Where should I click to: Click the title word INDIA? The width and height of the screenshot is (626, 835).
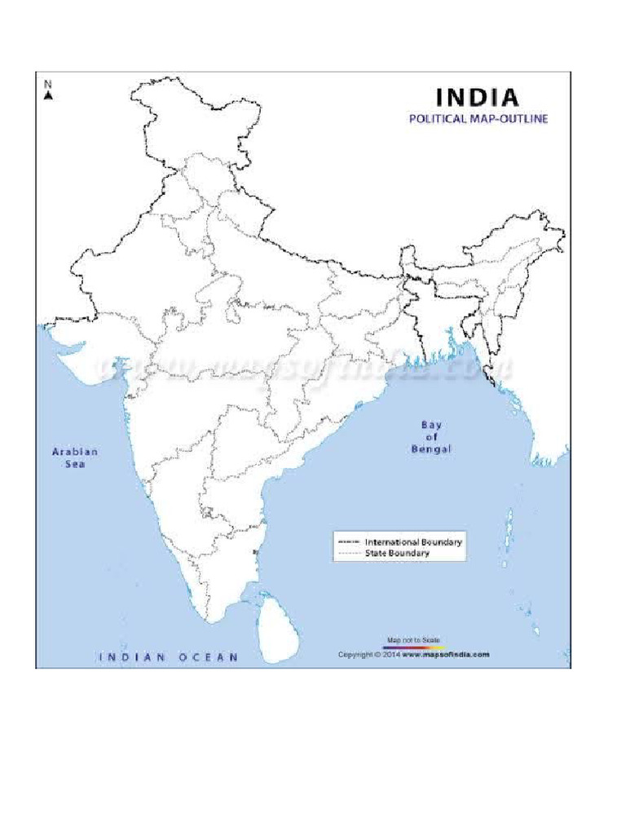478,98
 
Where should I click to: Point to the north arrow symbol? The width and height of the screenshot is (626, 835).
48,95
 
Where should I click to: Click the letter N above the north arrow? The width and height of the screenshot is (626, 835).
48,84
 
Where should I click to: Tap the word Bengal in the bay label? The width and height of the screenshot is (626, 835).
432,449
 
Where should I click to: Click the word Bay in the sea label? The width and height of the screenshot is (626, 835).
431,424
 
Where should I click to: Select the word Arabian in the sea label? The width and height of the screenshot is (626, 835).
75,452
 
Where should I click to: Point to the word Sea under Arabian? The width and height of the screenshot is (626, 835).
75,464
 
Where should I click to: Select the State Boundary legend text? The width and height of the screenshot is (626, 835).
398,553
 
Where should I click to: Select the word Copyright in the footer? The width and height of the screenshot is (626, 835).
355,654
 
